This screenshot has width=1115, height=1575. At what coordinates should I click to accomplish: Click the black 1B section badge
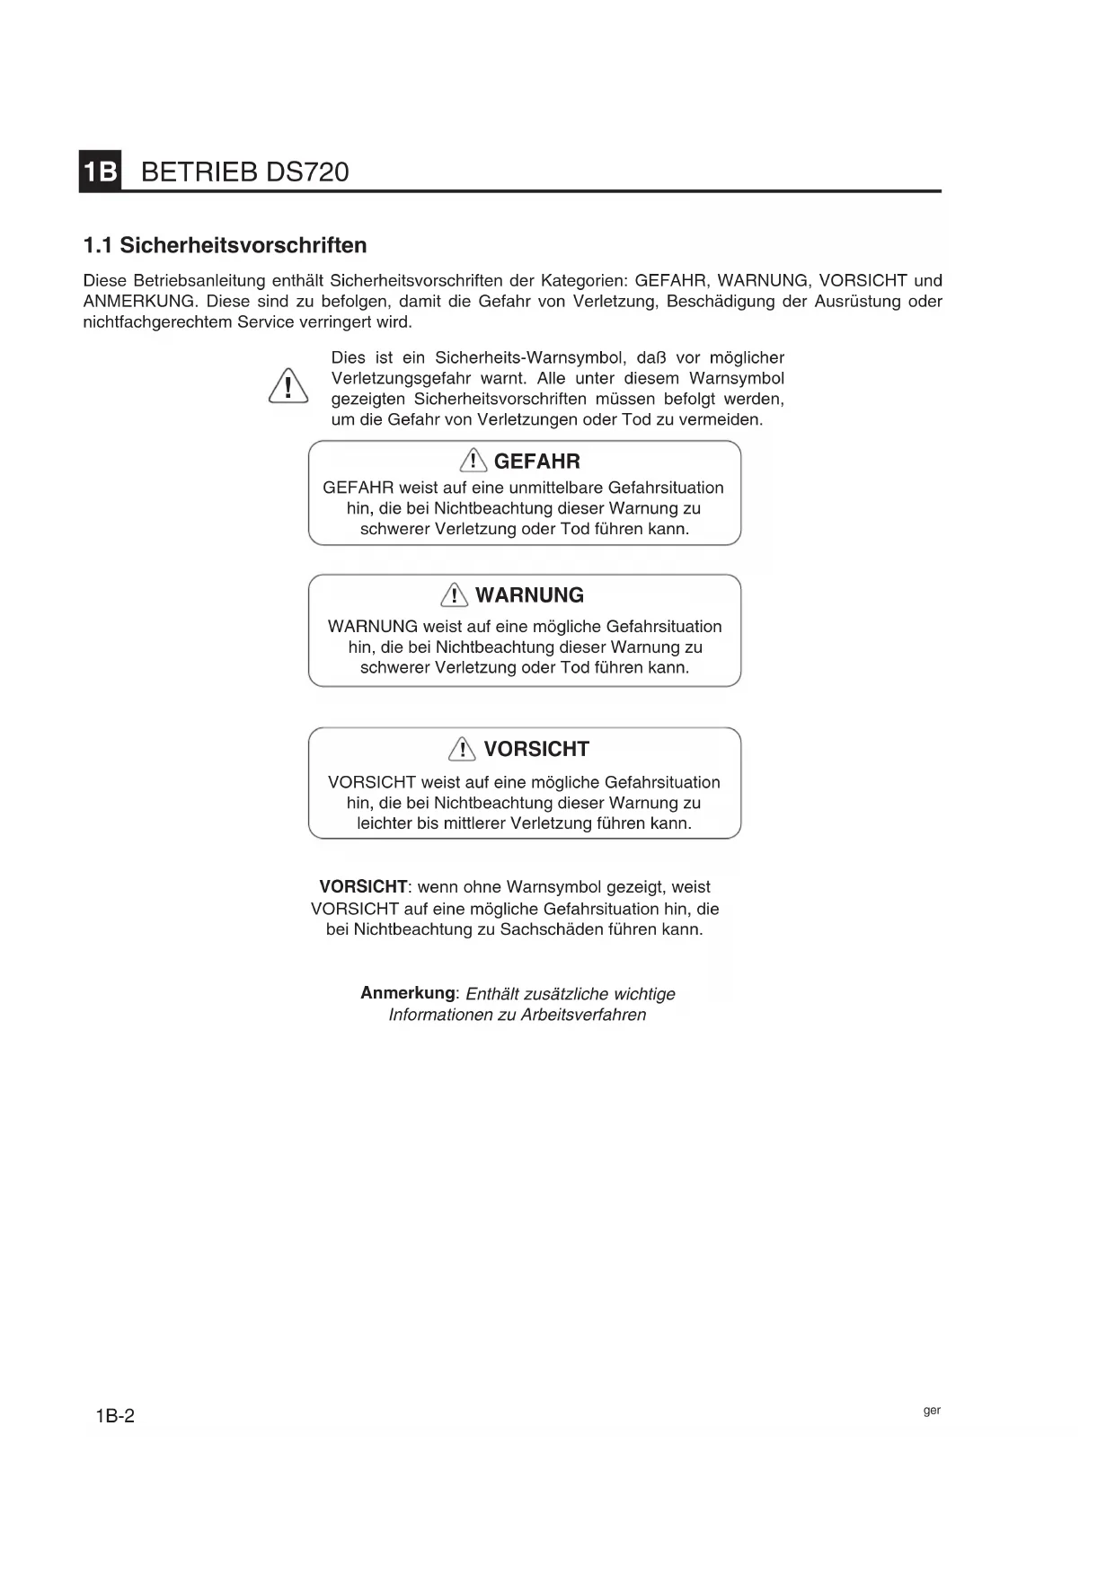[x=101, y=171]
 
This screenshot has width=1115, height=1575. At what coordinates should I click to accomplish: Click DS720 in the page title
[x=305, y=172]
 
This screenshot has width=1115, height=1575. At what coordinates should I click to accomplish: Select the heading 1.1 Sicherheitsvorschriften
[x=225, y=245]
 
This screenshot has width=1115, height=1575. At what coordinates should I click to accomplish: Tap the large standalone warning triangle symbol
[x=288, y=387]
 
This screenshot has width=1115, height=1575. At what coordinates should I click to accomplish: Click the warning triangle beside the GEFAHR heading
[x=473, y=462]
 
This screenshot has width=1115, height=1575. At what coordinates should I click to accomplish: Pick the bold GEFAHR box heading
[x=536, y=462]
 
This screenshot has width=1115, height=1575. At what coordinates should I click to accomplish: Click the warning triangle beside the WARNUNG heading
[x=455, y=595]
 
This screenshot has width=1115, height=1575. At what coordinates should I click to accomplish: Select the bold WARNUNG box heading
[x=529, y=595]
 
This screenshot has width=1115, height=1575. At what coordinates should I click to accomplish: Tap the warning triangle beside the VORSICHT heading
[x=462, y=749]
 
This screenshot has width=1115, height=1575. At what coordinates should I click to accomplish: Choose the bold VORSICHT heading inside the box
[x=536, y=749]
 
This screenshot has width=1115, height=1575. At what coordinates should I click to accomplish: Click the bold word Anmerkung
[x=408, y=993]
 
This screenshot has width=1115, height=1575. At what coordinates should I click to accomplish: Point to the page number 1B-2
[x=115, y=1416]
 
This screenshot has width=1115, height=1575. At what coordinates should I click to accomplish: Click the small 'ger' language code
[x=932, y=1411]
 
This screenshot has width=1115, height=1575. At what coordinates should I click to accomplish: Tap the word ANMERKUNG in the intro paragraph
[x=138, y=302]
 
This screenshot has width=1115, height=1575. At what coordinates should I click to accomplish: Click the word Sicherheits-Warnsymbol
[x=530, y=357]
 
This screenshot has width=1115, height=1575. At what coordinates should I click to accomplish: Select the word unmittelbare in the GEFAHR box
[x=555, y=488]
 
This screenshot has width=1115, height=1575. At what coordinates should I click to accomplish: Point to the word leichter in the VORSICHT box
[x=385, y=823]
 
